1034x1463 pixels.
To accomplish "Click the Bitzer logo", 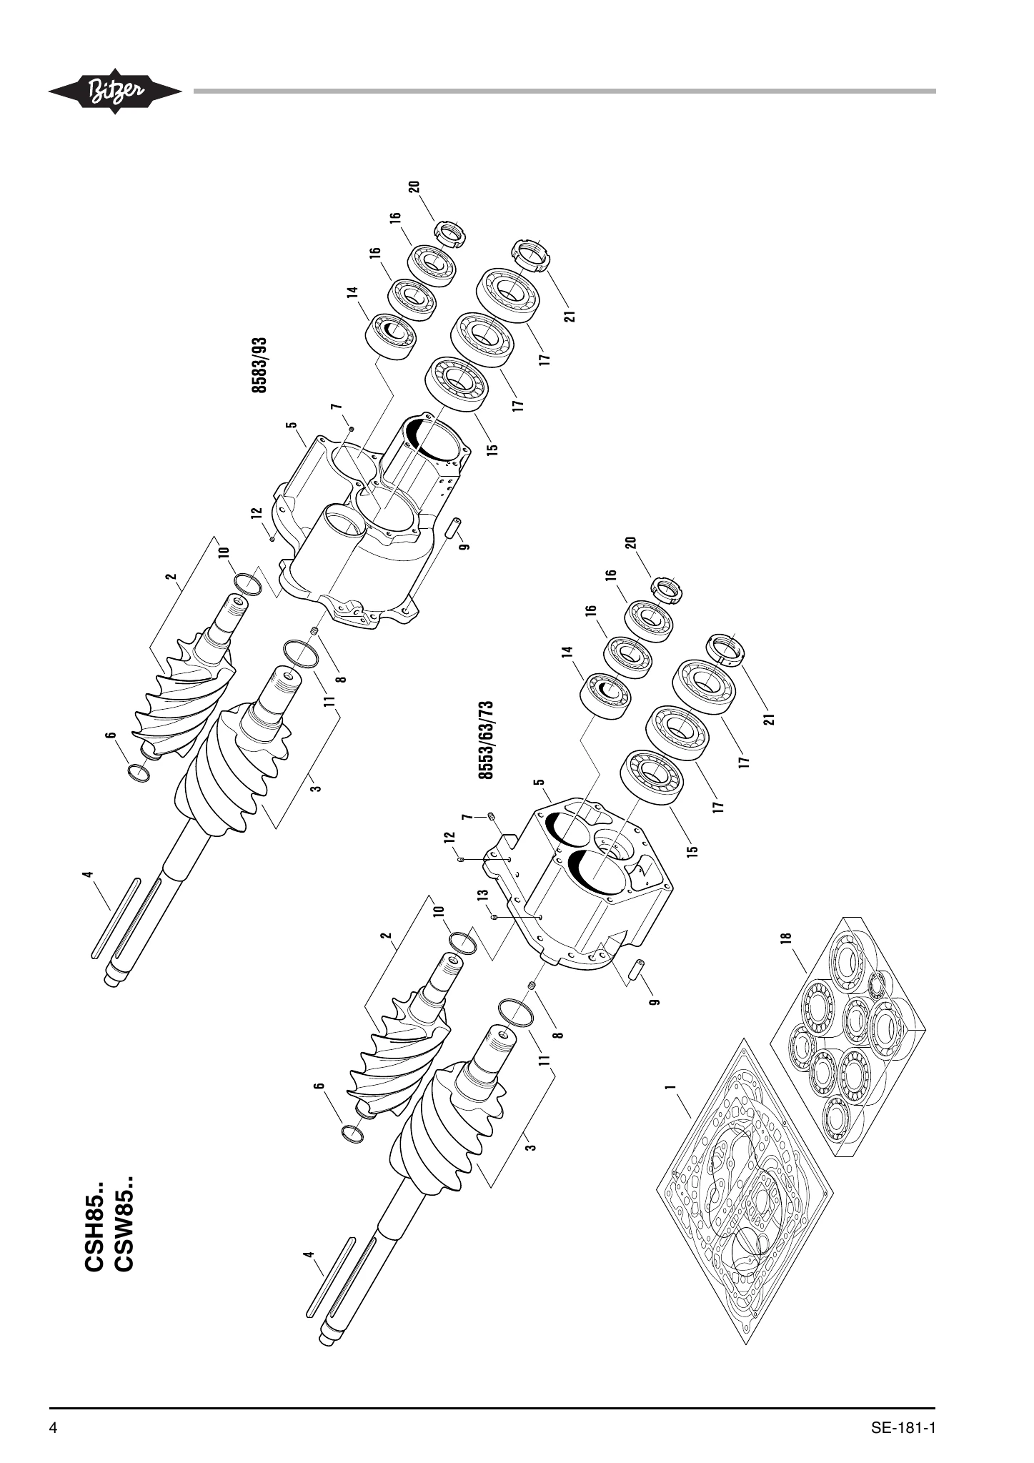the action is (114, 91).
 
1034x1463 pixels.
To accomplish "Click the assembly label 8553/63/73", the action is (486, 740).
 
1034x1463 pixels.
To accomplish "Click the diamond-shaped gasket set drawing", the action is (745, 1190).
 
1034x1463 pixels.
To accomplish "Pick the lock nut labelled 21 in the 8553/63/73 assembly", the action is (725, 650).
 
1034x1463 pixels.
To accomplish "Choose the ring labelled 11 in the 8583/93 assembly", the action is (300, 653).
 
